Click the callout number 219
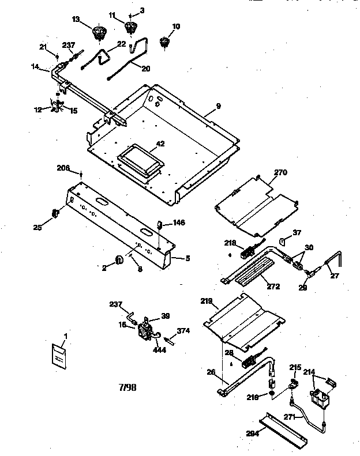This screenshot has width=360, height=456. point(207,300)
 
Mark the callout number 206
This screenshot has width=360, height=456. point(63,168)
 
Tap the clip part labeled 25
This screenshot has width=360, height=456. point(56,213)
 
